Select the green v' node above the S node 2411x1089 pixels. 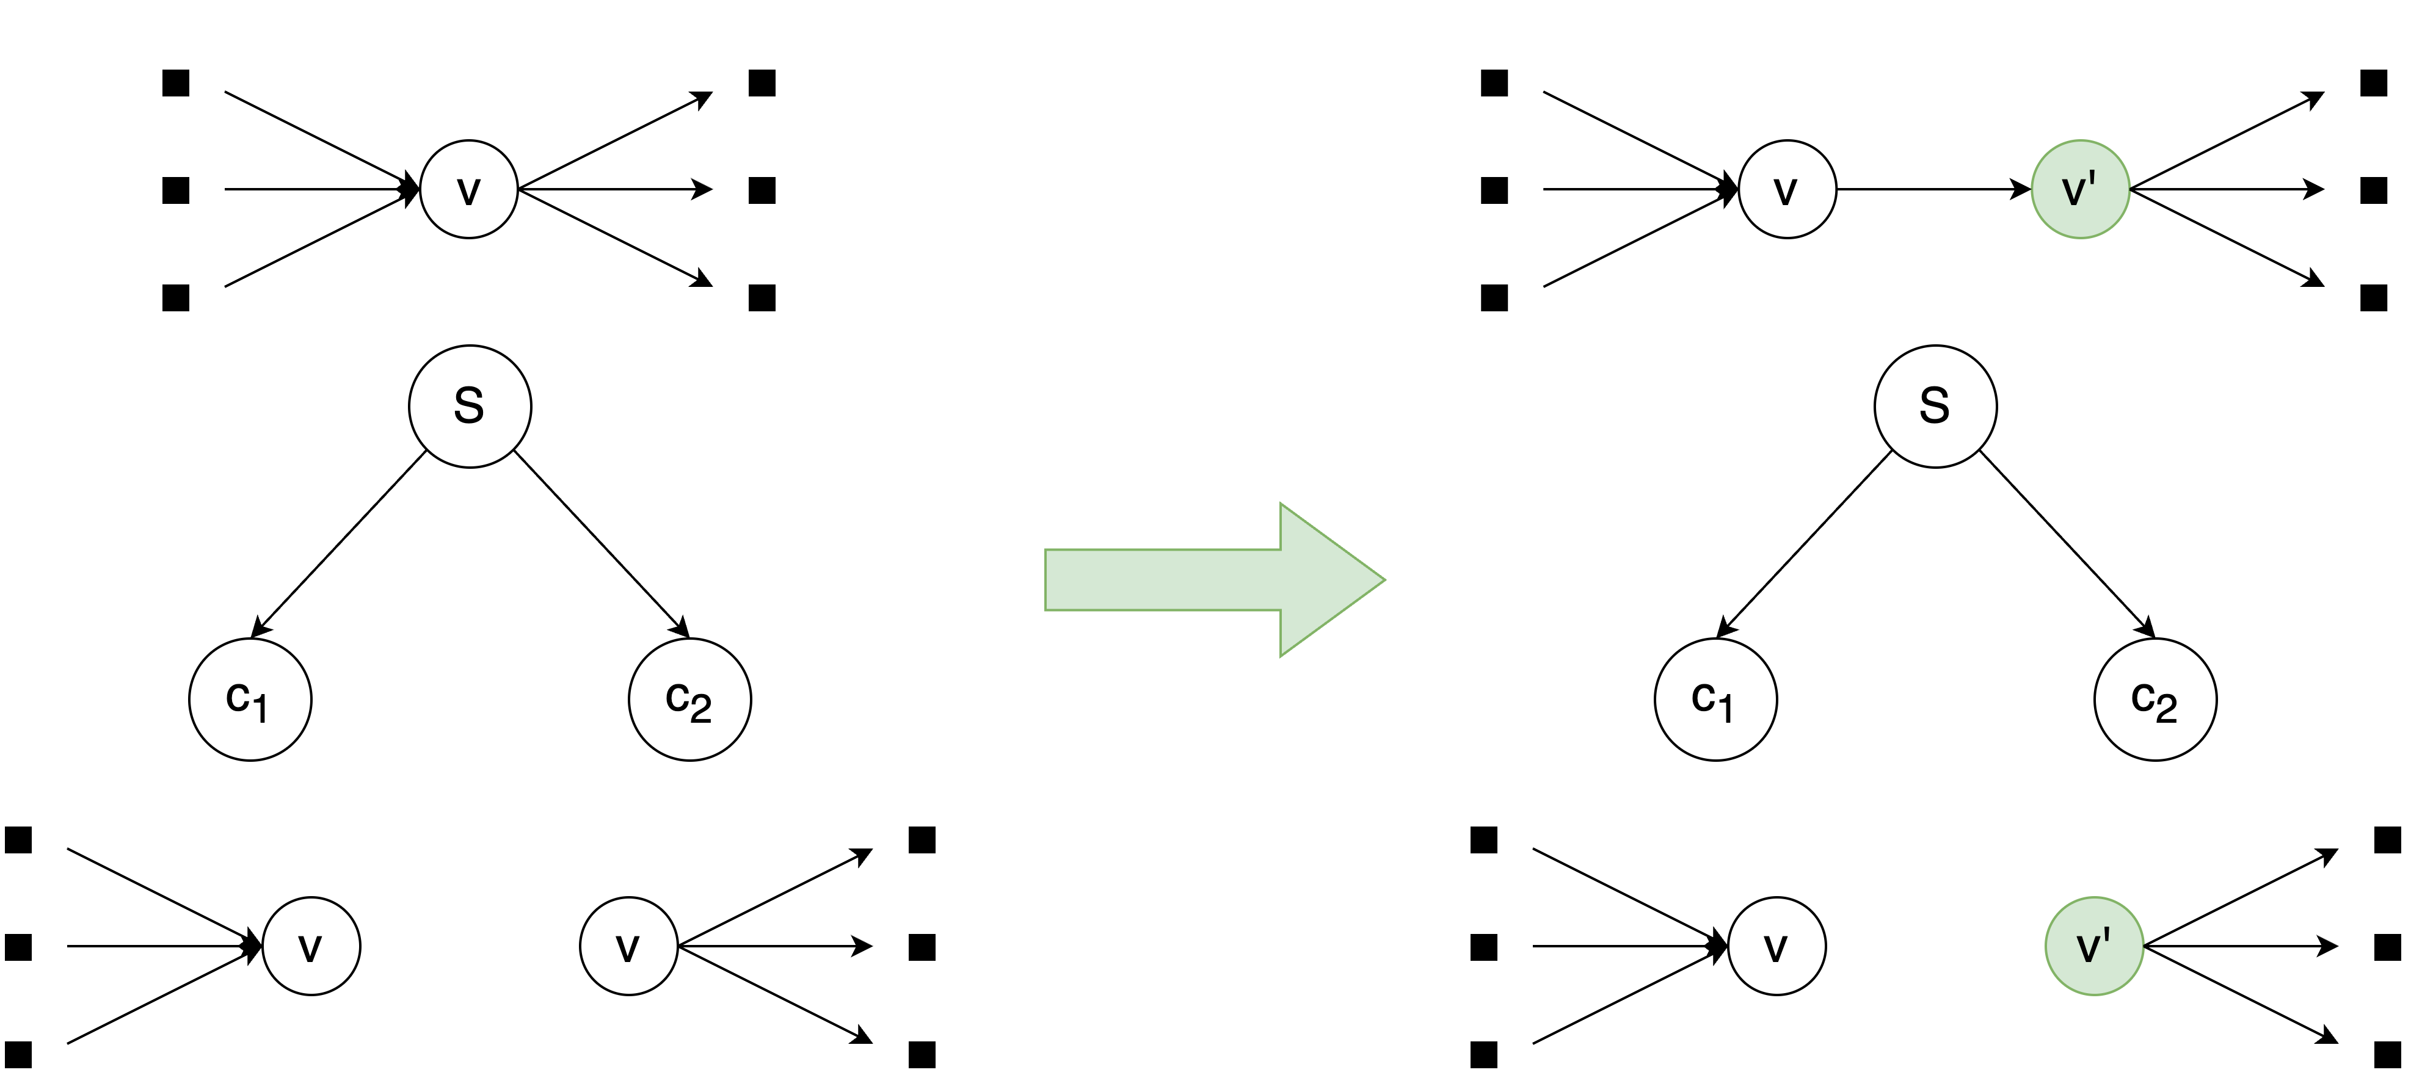[2079, 190]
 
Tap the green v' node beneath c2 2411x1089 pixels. [2093, 946]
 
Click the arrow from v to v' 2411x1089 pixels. [1933, 190]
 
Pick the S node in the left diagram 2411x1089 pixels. [470, 406]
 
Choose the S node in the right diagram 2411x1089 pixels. [1935, 406]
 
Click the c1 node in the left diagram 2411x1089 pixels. [250, 700]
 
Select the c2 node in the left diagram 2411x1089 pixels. [690, 700]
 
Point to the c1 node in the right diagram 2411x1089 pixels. [1715, 700]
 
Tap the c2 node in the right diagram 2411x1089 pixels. [2155, 700]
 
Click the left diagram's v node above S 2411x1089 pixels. [469, 190]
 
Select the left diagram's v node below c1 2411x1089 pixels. [311, 946]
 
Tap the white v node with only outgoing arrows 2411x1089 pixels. [628, 946]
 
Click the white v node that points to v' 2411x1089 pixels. [1787, 190]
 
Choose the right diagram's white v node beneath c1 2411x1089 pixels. [1776, 946]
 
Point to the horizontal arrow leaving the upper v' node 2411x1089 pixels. [2228, 190]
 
